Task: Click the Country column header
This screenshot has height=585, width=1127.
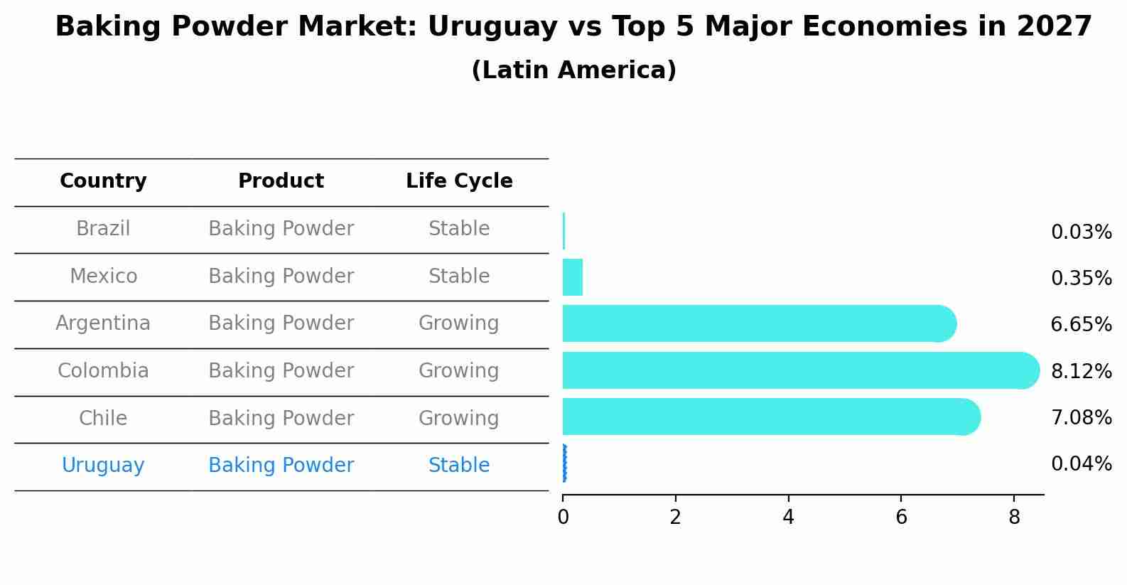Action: (x=103, y=181)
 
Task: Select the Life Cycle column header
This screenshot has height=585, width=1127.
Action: (x=459, y=181)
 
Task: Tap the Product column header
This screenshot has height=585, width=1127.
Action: (x=281, y=181)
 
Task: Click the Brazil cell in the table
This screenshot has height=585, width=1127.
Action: (x=103, y=229)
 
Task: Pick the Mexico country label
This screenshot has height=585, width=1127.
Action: (x=103, y=277)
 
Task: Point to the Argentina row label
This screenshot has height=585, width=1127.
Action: (x=103, y=323)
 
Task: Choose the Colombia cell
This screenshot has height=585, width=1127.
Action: (x=103, y=371)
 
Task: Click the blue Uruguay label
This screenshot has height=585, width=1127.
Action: (x=103, y=466)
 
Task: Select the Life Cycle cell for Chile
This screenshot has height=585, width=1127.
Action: (x=459, y=419)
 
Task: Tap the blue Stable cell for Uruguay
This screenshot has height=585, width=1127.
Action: (x=459, y=466)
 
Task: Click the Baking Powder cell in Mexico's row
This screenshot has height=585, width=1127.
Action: (x=281, y=277)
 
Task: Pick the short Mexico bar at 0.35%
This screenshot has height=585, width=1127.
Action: (x=573, y=277)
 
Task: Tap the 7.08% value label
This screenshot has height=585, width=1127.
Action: (x=1081, y=418)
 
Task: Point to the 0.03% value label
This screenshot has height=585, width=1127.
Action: (x=1081, y=232)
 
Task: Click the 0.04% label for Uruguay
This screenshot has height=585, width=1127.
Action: (x=1081, y=464)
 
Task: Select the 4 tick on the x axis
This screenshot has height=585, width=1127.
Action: (x=788, y=517)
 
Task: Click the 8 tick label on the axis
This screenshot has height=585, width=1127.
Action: (x=1014, y=517)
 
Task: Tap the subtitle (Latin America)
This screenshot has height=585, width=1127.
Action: (x=573, y=70)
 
